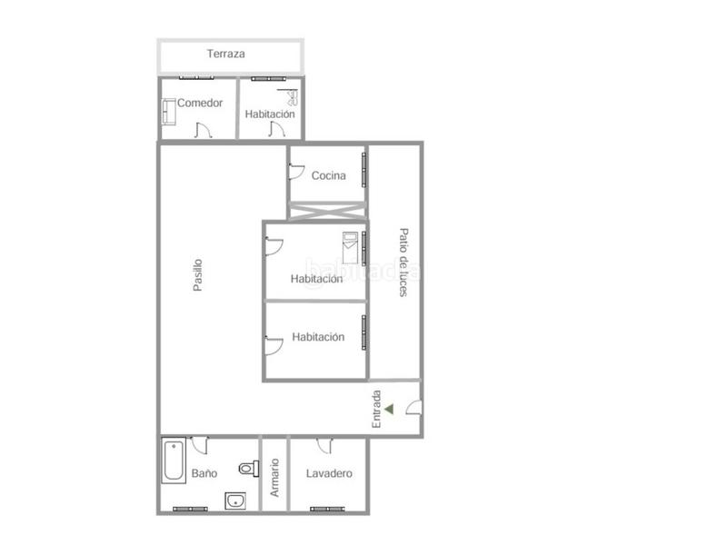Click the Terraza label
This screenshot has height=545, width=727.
coord(225,54)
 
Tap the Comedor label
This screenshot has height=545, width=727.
coord(200,103)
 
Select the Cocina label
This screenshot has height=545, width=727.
coord(328,175)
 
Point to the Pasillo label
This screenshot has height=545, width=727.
coord(197,275)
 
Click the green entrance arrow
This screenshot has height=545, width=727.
coord(389,409)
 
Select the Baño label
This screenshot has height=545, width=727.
coord(204,473)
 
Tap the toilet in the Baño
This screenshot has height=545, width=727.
coord(245,469)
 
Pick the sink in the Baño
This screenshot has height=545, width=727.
coord(234,499)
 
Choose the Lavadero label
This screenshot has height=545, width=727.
coord(329,473)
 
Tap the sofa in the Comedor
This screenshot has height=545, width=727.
coord(168,112)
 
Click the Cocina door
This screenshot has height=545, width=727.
coord(296,170)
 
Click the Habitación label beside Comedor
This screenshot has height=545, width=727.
coord(270,114)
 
